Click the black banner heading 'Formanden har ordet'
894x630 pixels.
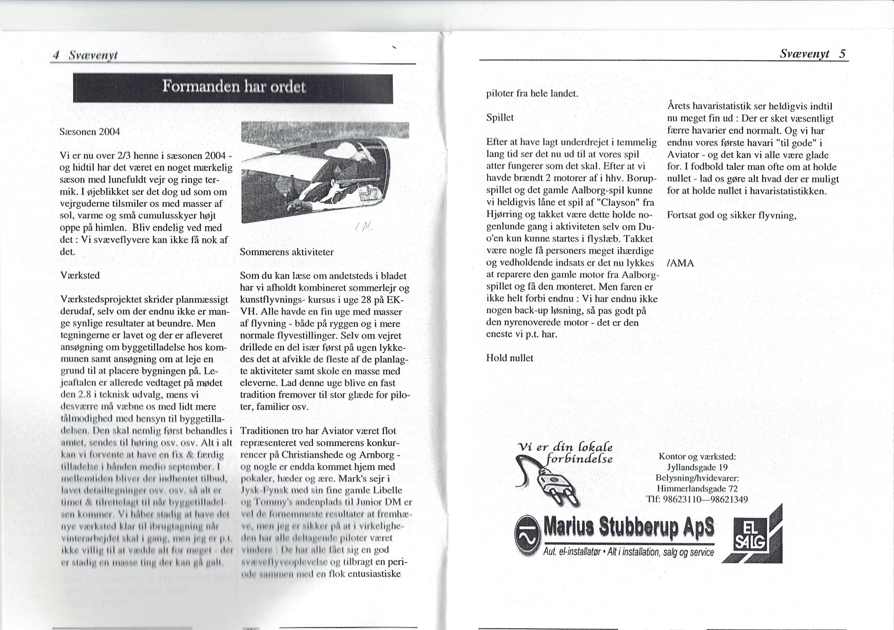click(233, 88)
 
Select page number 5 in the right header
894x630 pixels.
click(842, 53)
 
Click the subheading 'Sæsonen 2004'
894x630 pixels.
click(90, 132)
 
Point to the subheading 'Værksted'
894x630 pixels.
click(80, 275)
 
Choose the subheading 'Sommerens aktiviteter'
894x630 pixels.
click(286, 252)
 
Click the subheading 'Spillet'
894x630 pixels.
click(499, 117)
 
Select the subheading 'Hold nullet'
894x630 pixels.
click(509, 358)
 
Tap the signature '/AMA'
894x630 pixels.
click(680, 264)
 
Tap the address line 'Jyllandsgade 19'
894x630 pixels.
click(697, 467)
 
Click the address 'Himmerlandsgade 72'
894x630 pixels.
click(697, 489)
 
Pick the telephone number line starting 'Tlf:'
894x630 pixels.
click(697, 500)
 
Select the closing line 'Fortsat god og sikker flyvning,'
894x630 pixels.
click(731, 215)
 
